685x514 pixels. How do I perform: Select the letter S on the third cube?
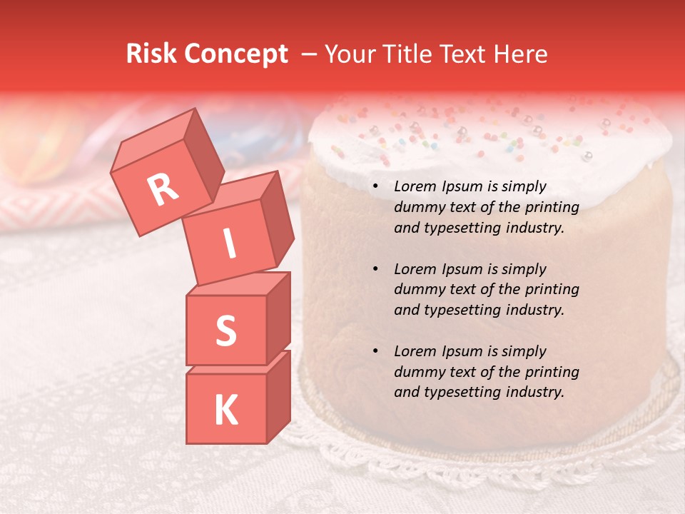click(225, 331)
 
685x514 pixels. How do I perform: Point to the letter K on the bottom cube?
click(225, 410)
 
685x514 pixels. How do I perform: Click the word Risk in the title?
click(151, 54)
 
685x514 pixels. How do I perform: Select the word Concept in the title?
click(235, 54)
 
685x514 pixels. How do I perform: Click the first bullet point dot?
click(375, 187)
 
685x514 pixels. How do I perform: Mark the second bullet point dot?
click(375, 269)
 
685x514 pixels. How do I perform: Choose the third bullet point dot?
click(375, 351)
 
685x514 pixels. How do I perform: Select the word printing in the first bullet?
click(552, 208)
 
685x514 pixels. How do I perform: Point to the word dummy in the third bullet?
click(417, 372)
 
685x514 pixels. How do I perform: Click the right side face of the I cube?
click(277, 223)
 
